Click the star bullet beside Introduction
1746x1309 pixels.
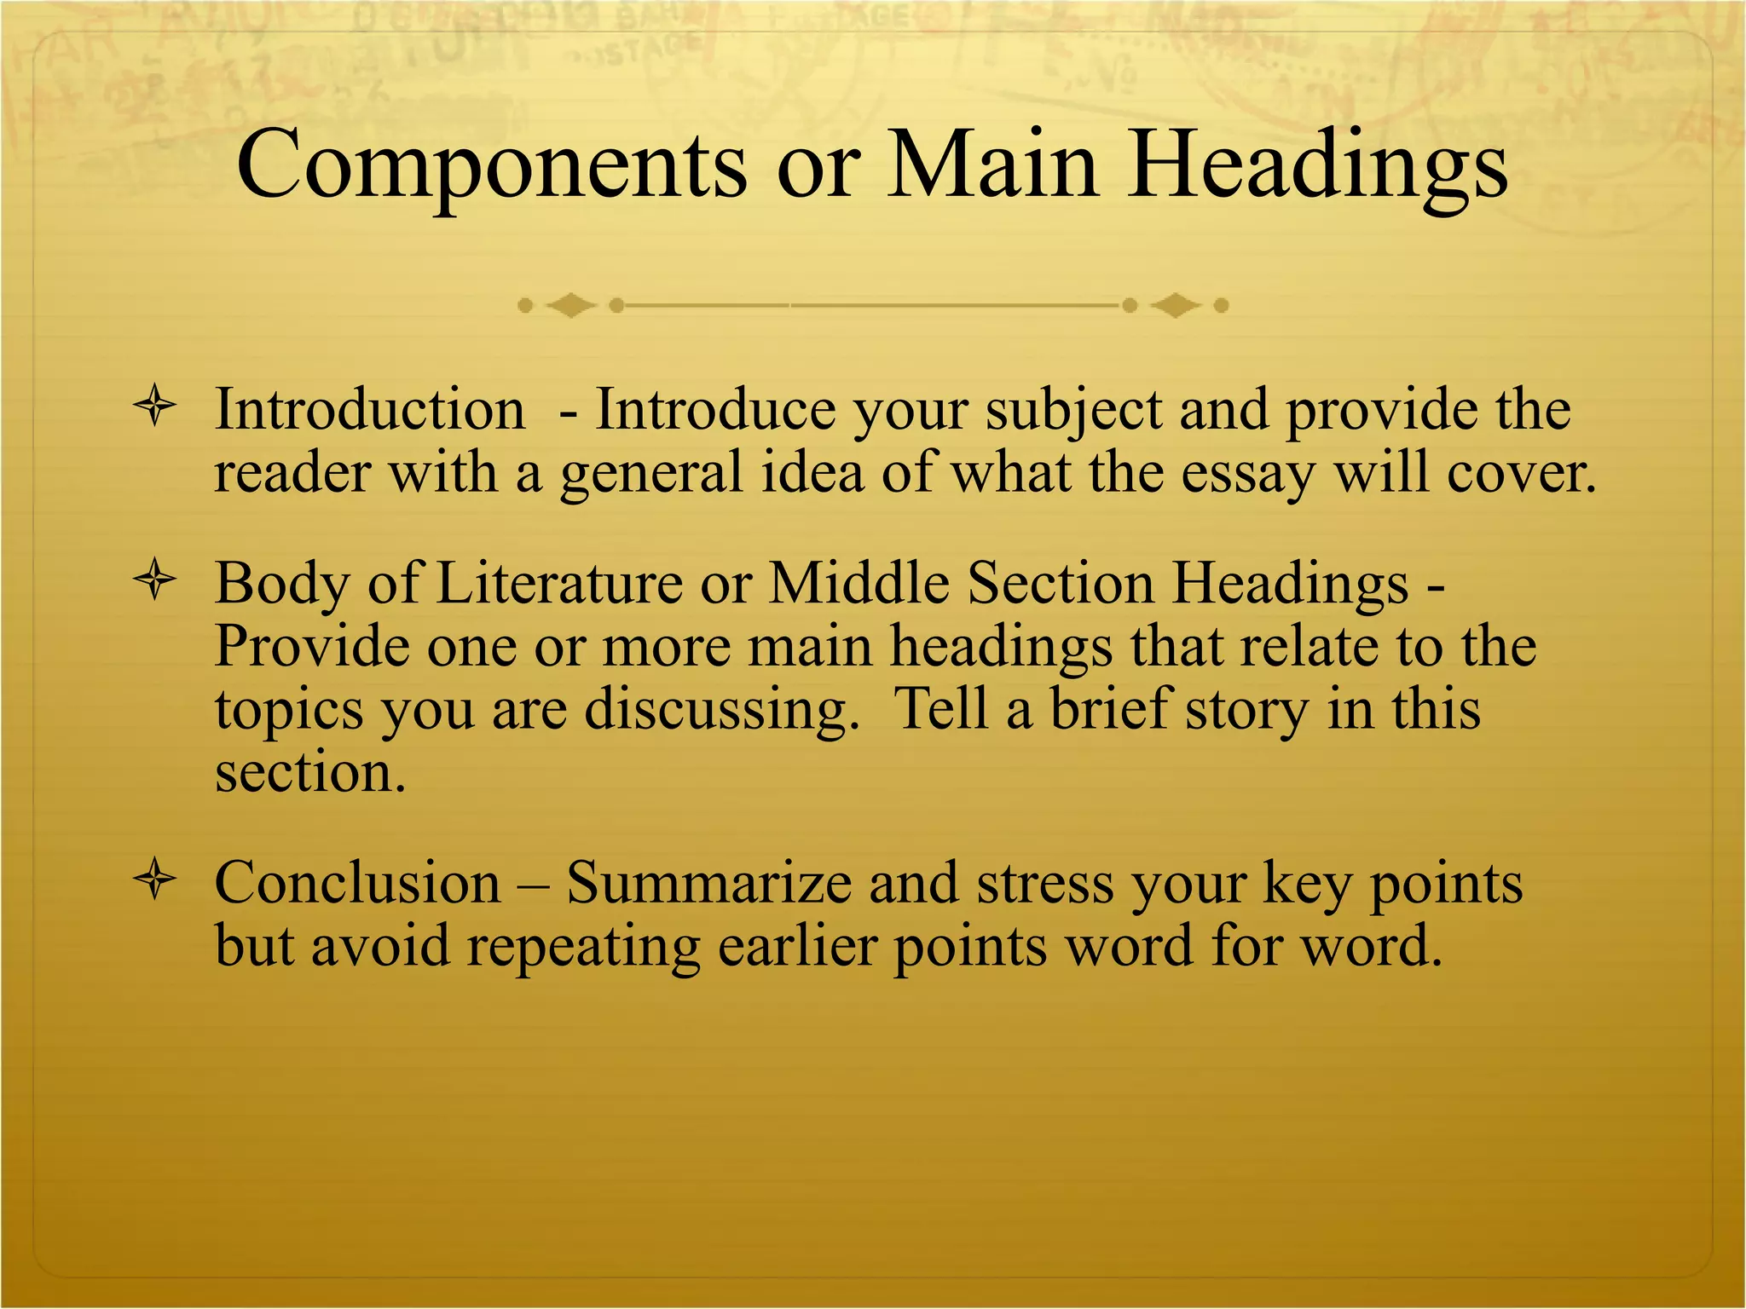[x=155, y=407]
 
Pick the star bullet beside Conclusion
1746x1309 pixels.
[x=155, y=879]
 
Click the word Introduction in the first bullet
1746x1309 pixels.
[x=369, y=409]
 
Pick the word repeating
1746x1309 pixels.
[x=583, y=948]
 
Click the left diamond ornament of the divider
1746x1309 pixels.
[x=570, y=305]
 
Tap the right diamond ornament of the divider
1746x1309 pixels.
[x=1176, y=305]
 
